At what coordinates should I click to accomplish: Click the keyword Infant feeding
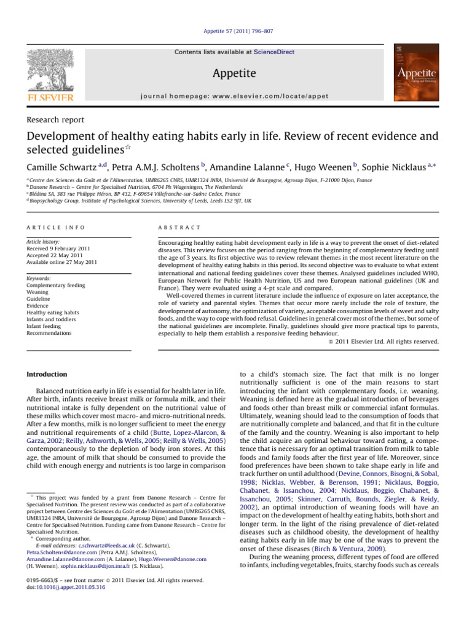coord(44,326)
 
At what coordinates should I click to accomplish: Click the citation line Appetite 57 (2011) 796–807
coord(236,29)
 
